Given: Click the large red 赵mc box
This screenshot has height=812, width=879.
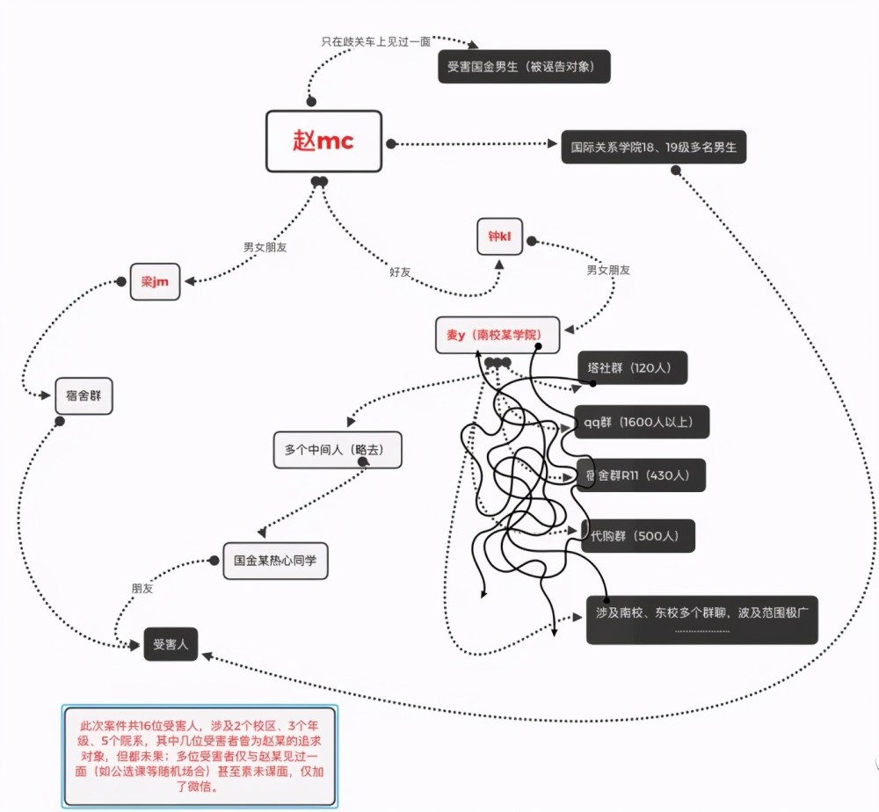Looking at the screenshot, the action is pos(324,141).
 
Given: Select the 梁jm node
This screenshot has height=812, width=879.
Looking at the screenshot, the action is pos(156,281).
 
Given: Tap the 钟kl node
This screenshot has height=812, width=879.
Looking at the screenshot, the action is pos(499,236).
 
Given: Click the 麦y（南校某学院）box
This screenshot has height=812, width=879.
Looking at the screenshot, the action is pos(498,335).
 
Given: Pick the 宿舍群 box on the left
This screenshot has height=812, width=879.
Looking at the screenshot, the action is pos(84,396).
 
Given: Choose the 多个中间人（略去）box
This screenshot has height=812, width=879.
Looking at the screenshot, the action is pos(338,449).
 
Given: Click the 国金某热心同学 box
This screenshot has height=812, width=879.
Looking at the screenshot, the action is pos(275,561).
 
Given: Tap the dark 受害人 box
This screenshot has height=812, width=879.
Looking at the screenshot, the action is pos(171,644).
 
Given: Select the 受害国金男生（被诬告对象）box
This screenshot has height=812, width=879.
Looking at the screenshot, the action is pos(524,67).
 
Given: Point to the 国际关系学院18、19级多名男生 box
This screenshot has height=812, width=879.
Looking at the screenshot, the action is pos(654,148).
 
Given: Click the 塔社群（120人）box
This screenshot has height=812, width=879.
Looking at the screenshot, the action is pos(632,367).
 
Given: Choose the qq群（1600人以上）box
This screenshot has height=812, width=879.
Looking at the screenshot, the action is pos(642,422).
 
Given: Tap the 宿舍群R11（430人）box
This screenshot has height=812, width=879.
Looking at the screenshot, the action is pos(641,475).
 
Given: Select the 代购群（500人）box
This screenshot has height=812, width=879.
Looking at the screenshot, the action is pos(638,536).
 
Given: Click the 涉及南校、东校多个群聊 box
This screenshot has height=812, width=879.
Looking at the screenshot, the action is pos(701,620).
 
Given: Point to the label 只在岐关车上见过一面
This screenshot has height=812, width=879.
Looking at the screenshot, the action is pos(375,42).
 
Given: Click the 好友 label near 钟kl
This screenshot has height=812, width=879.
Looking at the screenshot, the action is pos(400,272).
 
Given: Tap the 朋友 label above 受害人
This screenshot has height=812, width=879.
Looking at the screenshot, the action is pos(142,589).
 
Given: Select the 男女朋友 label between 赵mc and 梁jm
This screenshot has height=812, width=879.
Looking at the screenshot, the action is pos(265,247).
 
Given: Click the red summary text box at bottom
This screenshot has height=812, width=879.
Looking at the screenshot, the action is pos(200,756).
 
